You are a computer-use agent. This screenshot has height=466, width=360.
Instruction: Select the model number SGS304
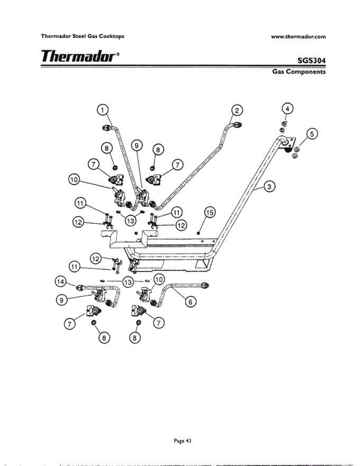pos(311,61)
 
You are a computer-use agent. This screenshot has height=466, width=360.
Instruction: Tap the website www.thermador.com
pos(298,37)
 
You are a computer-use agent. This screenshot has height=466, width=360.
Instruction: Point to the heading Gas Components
pos(298,72)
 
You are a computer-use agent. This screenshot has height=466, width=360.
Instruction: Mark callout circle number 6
pos(190,301)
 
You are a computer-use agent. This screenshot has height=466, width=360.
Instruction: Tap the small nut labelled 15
pos(198,233)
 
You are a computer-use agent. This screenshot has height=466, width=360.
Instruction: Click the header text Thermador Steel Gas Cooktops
pos(83,37)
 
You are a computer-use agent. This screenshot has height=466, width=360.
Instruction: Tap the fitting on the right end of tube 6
pos(207,285)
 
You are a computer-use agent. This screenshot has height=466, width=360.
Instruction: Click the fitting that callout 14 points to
pos(79,288)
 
